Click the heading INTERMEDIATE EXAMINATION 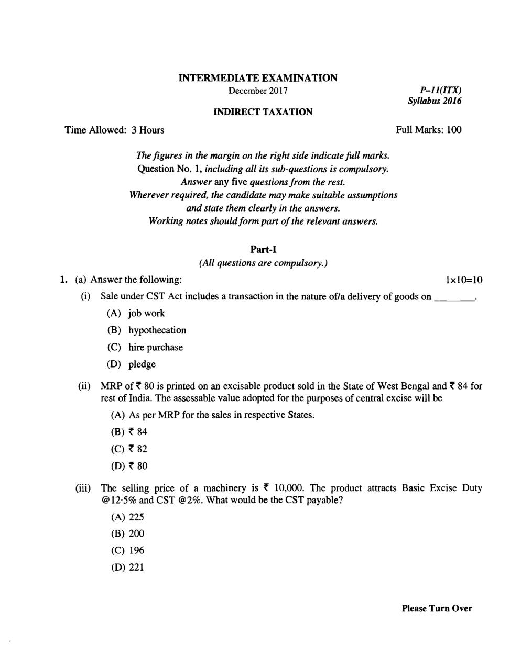(x=258, y=78)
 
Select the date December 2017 (x=258, y=91)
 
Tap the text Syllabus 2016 (x=435, y=101)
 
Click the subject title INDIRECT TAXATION (x=263, y=112)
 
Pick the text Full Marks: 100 (x=429, y=130)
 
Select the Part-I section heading (x=263, y=250)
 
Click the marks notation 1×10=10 (x=463, y=280)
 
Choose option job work (x=146, y=313)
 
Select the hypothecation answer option (x=157, y=330)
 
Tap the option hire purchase (x=155, y=347)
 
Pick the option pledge (x=142, y=364)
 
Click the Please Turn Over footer (x=437, y=608)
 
